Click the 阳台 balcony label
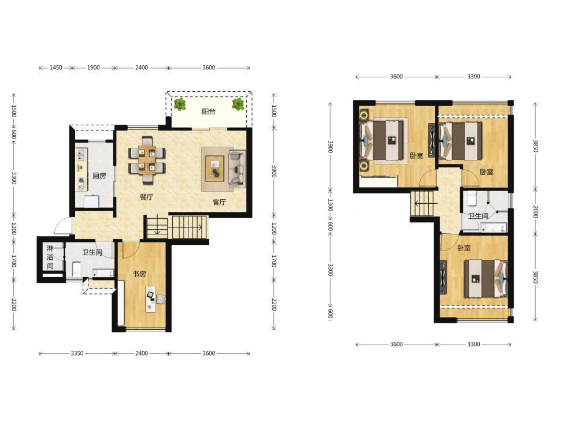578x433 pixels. tap(208, 111)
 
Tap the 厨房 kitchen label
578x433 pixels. tap(99, 176)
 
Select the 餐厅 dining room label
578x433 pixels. tap(146, 197)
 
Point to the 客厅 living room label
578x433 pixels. tap(219, 201)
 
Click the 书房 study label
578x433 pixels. tap(139, 274)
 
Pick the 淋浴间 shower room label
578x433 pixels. tap(50, 257)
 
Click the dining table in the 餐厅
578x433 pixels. tap(147, 160)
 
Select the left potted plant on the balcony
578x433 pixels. tap(180, 104)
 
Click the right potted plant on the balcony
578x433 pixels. tap(238, 104)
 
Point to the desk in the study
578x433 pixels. tap(151, 298)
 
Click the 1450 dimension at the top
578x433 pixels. tap(55, 68)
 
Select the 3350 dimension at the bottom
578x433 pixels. tap(77, 353)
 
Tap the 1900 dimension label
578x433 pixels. tap(93, 68)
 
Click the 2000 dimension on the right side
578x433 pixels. tap(535, 212)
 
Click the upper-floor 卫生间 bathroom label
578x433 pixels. tap(478, 216)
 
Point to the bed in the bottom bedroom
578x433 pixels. tap(486, 279)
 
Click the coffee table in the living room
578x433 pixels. tap(214, 168)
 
